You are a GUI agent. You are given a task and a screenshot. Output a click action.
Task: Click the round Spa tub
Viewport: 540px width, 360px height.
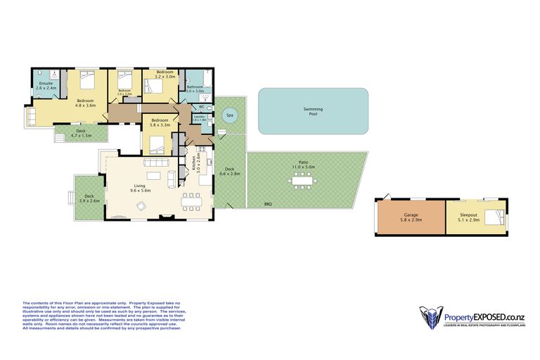point(229,115)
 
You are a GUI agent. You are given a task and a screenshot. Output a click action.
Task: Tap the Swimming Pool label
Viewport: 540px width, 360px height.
point(313,111)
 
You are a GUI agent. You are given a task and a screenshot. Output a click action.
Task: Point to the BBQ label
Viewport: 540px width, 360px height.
point(268,204)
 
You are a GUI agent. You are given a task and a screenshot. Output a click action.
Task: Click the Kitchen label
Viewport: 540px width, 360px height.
point(193,165)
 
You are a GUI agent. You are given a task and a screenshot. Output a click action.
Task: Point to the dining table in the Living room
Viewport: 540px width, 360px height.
point(190,201)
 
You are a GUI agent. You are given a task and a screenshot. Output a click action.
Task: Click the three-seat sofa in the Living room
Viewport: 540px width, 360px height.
point(155,163)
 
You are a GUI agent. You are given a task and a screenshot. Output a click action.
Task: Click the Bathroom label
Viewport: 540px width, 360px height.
point(194,87)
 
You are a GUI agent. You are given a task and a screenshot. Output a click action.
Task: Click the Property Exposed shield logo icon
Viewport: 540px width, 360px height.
point(429,317)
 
